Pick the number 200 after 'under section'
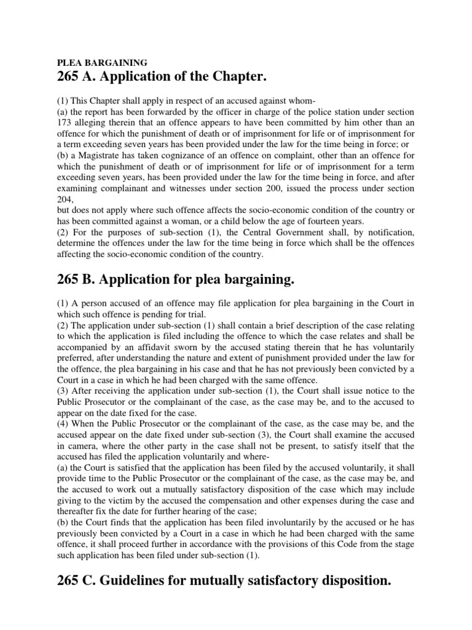[x=272, y=188]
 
